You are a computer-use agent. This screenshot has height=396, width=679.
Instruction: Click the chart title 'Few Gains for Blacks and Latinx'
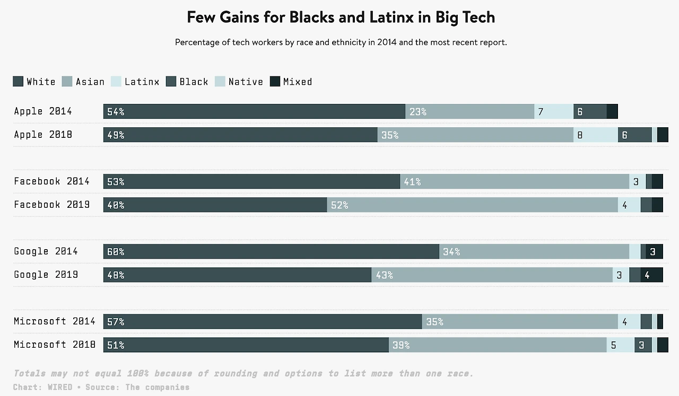tap(341, 17)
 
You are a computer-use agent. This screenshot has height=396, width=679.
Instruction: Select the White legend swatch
tap(18, 82)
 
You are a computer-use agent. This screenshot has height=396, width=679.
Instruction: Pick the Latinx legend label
tap(142, 82)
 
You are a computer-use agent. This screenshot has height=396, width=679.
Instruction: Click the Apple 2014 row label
tap(43, 111)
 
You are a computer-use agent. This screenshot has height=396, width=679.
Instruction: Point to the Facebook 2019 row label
tap(52, 205)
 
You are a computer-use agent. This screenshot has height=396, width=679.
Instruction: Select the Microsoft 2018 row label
tap(55, 345)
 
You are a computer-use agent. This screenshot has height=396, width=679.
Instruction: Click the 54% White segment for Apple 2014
tap(254, 111)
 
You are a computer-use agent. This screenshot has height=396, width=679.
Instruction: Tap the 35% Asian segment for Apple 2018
tap(475, 135)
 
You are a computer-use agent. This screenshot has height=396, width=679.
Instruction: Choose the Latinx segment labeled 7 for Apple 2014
tap(554, 111)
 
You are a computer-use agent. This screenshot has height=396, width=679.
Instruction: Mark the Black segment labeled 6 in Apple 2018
tap(634, 135)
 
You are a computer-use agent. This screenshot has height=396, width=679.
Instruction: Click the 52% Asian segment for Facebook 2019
tap(472, 205)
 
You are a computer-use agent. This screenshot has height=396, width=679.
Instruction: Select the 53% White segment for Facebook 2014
tap(251, 181)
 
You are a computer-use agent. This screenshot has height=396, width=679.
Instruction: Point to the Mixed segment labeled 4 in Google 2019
tap(651, 275)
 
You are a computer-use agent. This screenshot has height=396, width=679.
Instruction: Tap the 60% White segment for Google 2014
tap(271, 251)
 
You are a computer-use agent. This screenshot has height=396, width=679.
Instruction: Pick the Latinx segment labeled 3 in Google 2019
tap(621, 275)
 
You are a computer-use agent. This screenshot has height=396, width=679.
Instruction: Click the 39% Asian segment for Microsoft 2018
tap(498, 345)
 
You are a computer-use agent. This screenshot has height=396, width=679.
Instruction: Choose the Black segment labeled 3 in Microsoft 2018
tap(643, 345)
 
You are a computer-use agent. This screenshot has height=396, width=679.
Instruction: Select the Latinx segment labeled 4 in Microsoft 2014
tap(629, 321)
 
